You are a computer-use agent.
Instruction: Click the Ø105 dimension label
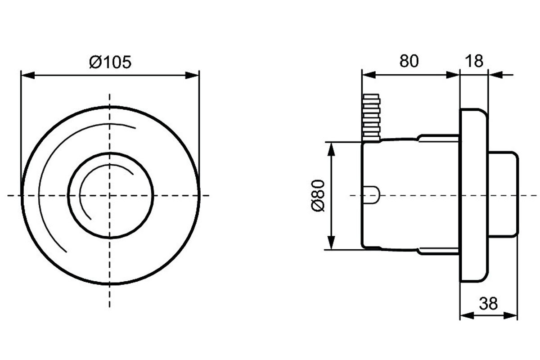[110, 62]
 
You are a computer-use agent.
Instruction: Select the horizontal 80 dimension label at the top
[409, 61]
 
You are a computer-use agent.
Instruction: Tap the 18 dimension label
[474, 61]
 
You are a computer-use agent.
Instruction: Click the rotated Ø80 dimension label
[318, 195]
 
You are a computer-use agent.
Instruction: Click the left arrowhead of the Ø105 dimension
[28, 75]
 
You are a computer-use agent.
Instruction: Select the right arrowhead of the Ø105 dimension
[192, 75]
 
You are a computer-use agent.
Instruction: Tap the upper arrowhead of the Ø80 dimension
[332, 149]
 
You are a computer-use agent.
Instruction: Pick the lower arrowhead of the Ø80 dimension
[332, 243]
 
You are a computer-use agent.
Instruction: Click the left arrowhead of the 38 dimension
[467, 315]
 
